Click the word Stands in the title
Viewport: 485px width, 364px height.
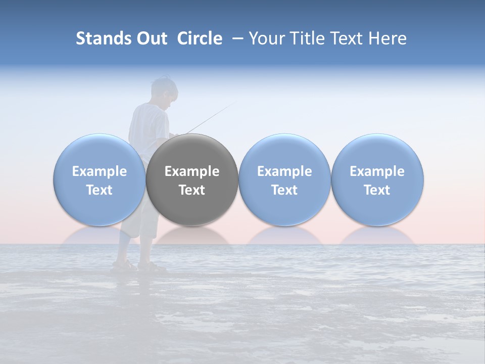coord(100,38)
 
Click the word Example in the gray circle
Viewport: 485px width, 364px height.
coord(192,171)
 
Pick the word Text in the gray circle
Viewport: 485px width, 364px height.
coord(192,190)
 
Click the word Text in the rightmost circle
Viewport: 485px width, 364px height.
coord(377,190)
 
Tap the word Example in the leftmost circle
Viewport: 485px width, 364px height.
coord(99,171)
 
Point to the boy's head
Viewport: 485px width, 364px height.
coord(163,90)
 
